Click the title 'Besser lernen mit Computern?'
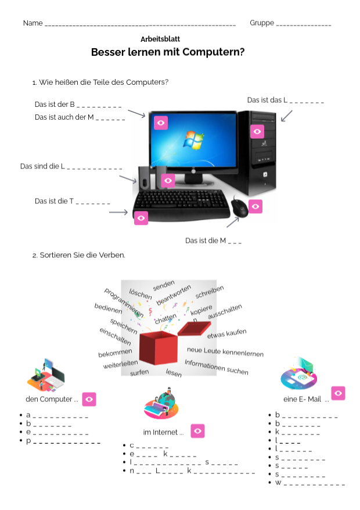pos(168,52)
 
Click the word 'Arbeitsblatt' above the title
pos(160,38)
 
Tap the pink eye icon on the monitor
pos(161,123)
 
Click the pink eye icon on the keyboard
pos(141,218)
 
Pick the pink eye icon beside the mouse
pos(255,206)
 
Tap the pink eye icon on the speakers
pos(168,181)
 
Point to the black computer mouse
pos(239,207)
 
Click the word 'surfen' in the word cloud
pos(139,372)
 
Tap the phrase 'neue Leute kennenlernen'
pos(225,352)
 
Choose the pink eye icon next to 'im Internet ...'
pos(197,430)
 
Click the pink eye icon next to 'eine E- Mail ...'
pos(339,393)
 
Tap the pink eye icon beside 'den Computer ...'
pos(89,399)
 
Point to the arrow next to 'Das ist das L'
pos(287,116)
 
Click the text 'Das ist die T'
pos(54,201)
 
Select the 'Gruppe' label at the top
pos(262,23)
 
